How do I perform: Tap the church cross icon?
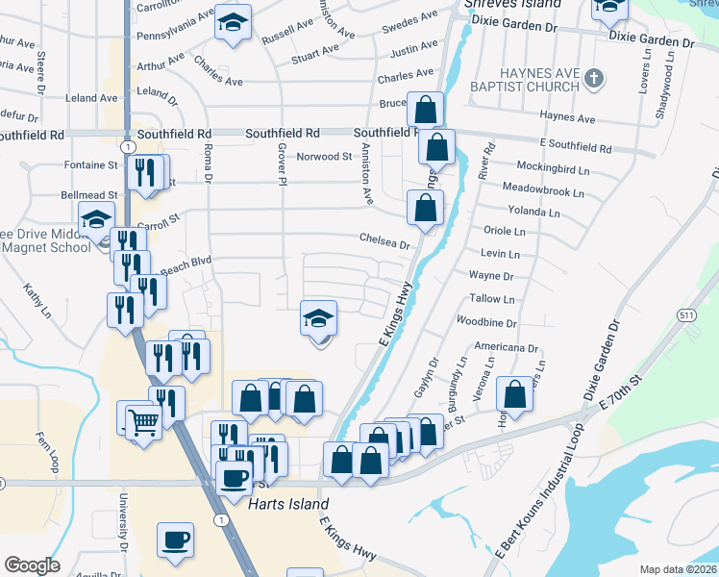594,78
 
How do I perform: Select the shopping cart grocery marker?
143,419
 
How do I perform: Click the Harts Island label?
288,504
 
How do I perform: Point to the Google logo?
32,565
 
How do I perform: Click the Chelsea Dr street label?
384,243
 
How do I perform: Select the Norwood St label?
324,157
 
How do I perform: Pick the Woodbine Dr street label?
487,323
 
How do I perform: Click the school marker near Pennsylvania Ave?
233,24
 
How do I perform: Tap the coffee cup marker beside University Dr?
175,540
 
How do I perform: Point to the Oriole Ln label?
504,232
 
